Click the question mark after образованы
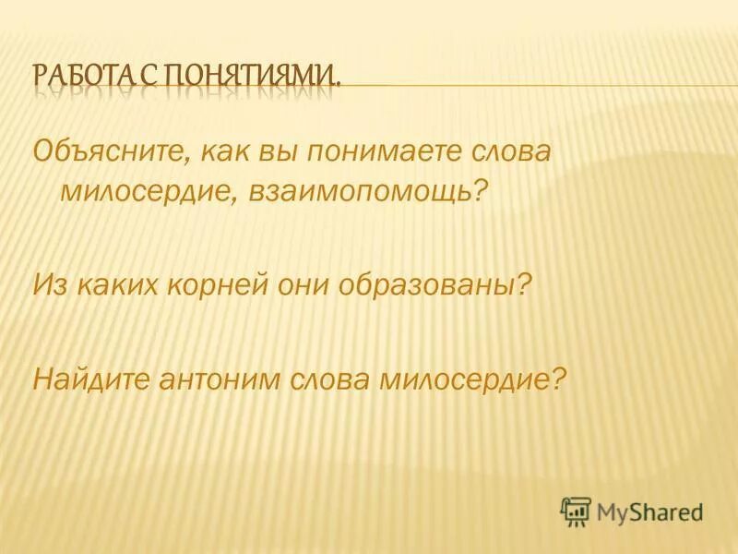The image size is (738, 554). (526, 284)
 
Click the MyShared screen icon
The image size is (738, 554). (576, 510)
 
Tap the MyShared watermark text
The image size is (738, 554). (649, 511)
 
